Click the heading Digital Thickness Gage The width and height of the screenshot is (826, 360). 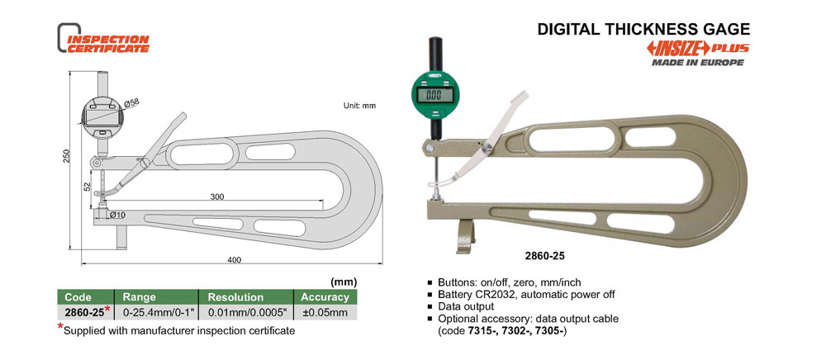pos(643,29)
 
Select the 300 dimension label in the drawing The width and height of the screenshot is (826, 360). pos(217,197)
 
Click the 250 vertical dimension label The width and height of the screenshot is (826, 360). pos(66,155)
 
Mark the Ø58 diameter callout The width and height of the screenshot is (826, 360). pos(131,102)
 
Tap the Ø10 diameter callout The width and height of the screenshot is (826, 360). pos(118,215)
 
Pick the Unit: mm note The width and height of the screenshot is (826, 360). pos(360,105)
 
